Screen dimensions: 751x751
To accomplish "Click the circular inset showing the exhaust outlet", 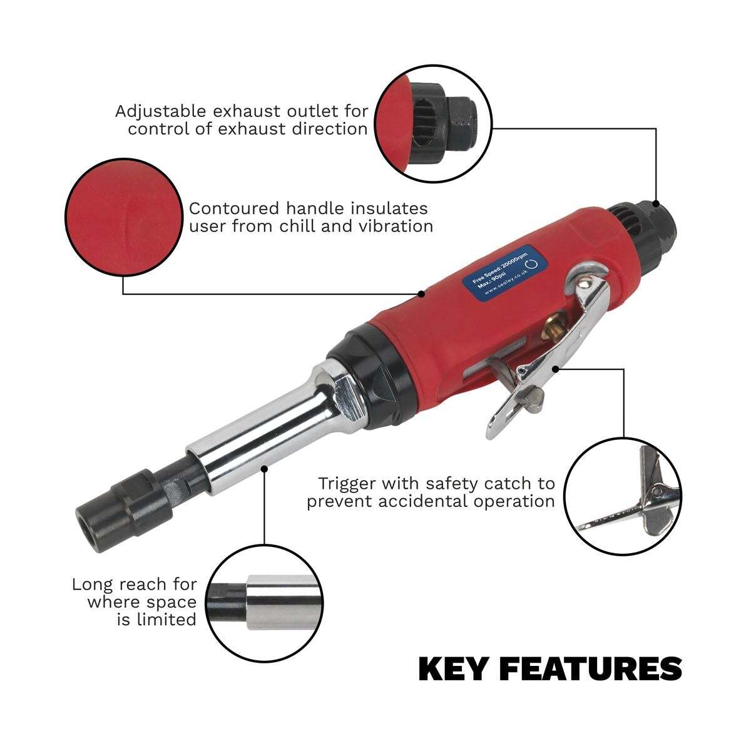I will [434, 123].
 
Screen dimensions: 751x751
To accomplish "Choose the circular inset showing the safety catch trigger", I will [622, 496].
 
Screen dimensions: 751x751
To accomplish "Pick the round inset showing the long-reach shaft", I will [265, 603].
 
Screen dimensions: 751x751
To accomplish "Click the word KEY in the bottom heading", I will [452, 669].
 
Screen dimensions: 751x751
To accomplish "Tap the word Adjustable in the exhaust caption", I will [160, 112].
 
